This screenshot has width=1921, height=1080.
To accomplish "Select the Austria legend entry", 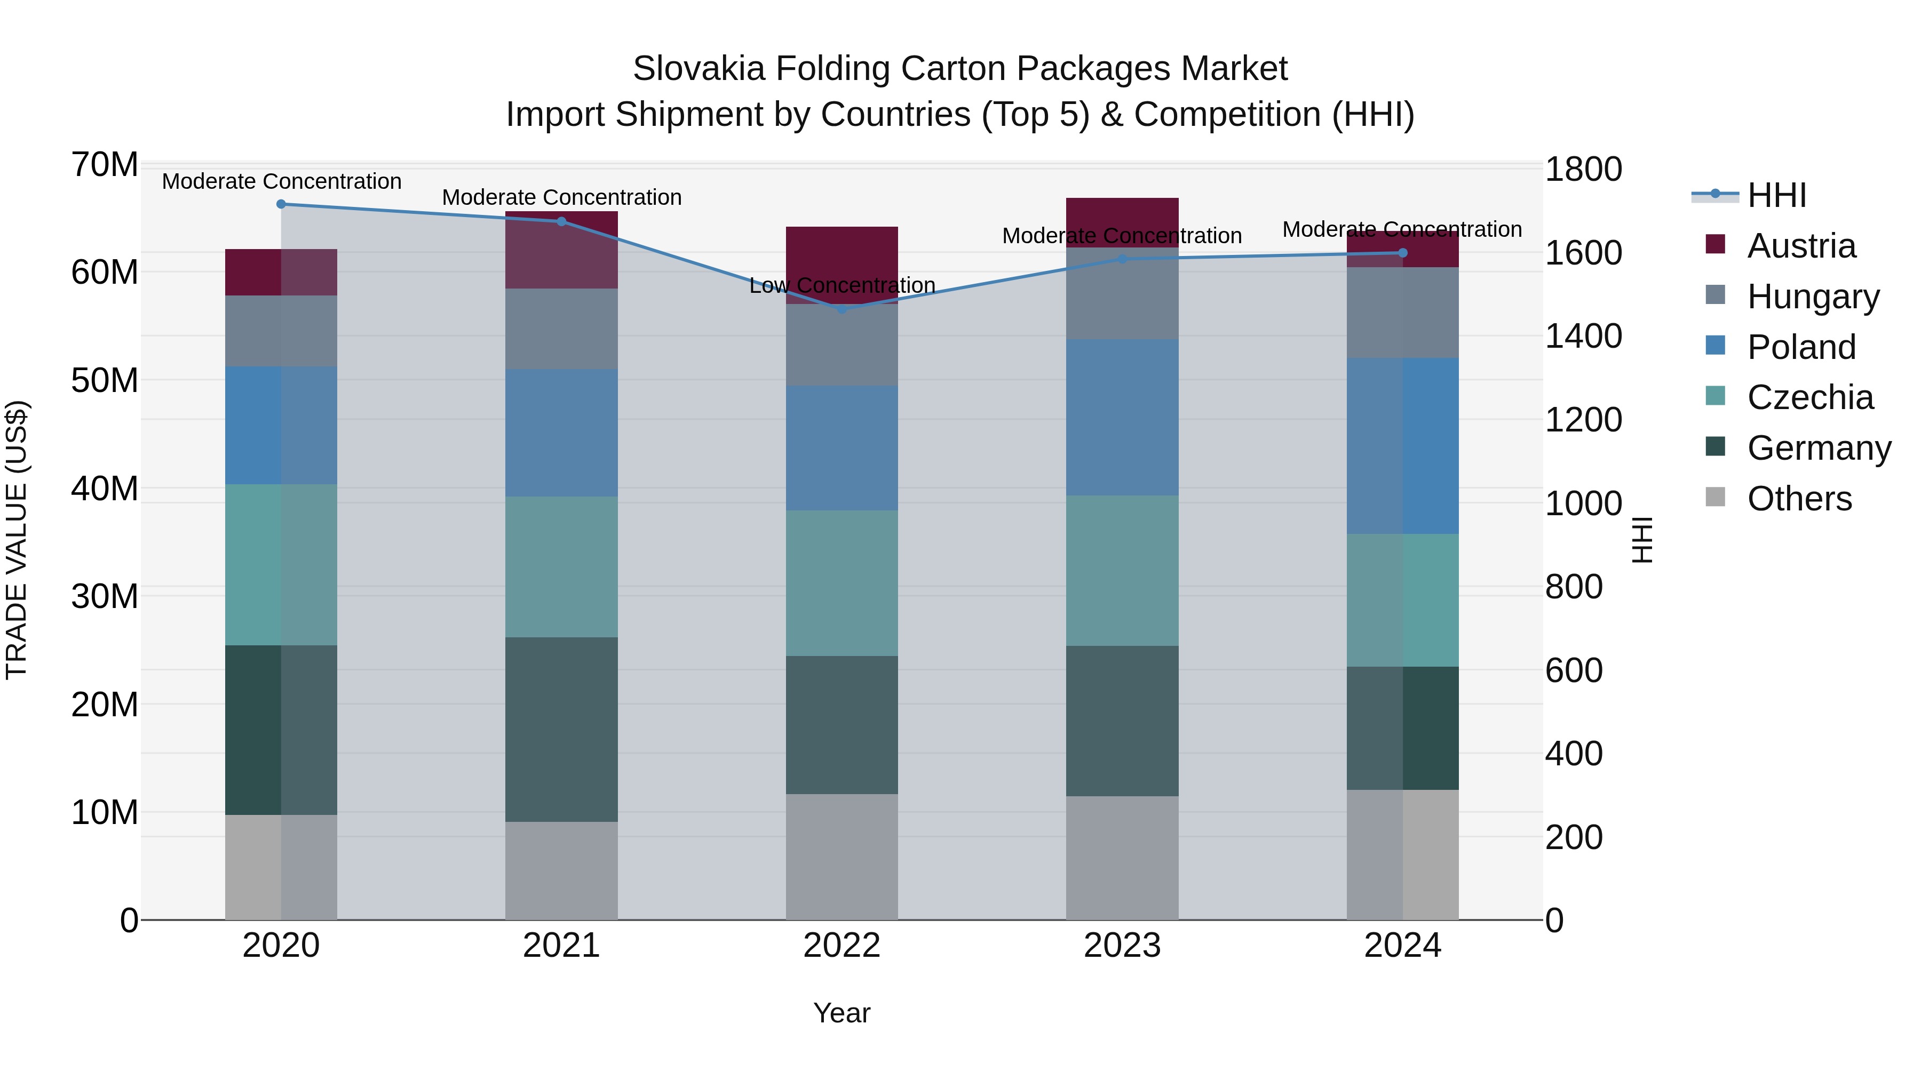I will (x=1801, y=246).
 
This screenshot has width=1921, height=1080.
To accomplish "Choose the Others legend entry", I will (x=1799, y=499).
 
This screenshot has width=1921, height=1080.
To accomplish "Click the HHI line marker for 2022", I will (x=842, y=309).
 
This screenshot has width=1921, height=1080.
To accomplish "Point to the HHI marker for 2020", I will (x=281, y=204).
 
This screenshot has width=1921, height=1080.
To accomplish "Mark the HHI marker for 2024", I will (x=1403, y=253).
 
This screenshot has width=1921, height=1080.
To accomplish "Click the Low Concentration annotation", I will (x=842, y=285).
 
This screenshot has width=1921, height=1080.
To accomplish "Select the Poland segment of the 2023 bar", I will (x=1122, y=418).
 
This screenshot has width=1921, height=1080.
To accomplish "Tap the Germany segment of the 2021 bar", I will (x=561, y=729).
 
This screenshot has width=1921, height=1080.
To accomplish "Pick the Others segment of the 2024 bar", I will (x=1403, y=854).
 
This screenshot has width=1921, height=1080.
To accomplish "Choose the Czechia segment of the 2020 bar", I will (x=281, y=564).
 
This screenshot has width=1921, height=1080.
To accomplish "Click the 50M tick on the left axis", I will (x=105, y=381).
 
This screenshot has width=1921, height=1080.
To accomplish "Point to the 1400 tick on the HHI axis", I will (x=1583, y=336).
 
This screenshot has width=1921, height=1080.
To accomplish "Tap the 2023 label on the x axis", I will (x=1122, y=946).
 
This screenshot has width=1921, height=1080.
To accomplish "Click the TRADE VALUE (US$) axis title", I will (x=17, y=540).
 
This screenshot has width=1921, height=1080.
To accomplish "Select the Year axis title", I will (x=842, y=1013).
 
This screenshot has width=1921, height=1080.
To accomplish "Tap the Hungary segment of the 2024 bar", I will (x=1403, y=313).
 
